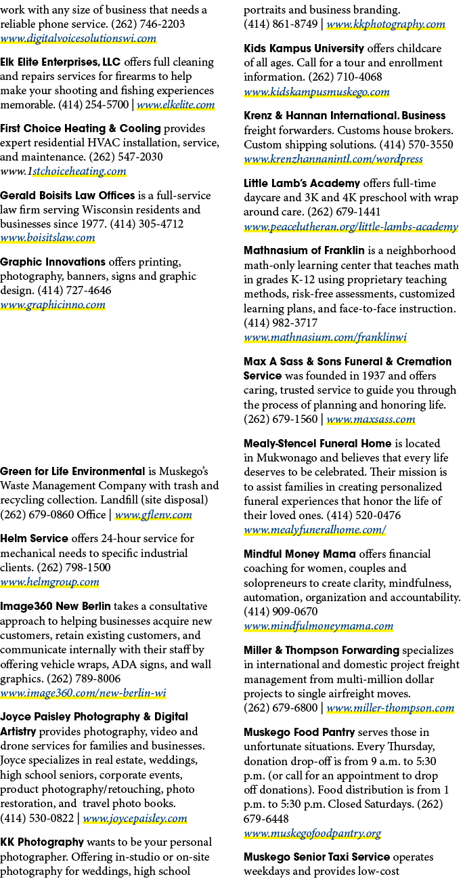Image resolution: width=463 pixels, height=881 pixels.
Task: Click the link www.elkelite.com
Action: (x=175, y=105)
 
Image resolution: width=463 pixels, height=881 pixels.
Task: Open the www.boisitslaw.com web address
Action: (x=47, y=238)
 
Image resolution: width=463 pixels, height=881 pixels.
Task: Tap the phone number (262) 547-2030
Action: (x=126, y=157)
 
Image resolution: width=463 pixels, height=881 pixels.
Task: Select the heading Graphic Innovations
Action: (x=53, y=262)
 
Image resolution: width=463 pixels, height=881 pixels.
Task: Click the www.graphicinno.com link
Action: (x=53, y=305)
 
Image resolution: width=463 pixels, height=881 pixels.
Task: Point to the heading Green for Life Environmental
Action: (x=72, y=471)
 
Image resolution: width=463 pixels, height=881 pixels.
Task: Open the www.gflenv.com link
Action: (x=153, y=515)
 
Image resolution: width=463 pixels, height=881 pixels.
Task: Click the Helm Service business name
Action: (x=34, y=539)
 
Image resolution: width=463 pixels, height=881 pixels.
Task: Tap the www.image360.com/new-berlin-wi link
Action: (x=83, y=693)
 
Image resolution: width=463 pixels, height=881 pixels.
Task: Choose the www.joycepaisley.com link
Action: (x=135, y=819)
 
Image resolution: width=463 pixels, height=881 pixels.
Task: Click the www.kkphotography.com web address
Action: (x=386, y=24)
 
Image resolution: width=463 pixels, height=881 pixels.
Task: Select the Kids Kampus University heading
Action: (x=304, y=48)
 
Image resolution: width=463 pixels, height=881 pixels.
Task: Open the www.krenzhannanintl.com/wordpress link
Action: (x=334, y=159)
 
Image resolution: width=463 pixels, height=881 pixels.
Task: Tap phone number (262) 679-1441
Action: (x=344, y=212)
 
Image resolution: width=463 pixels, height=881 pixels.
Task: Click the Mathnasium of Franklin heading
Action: (x=304, y=251)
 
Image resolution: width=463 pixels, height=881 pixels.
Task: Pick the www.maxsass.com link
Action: (x=371, y=419)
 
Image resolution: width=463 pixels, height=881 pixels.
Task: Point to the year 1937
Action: (x=374, y=376)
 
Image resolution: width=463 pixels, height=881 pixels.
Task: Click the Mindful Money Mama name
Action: (x=300, y=554)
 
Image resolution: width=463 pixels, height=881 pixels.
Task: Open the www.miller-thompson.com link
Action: (x=391, y=708)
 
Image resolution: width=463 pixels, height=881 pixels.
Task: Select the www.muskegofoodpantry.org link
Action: (x=313, y=834)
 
